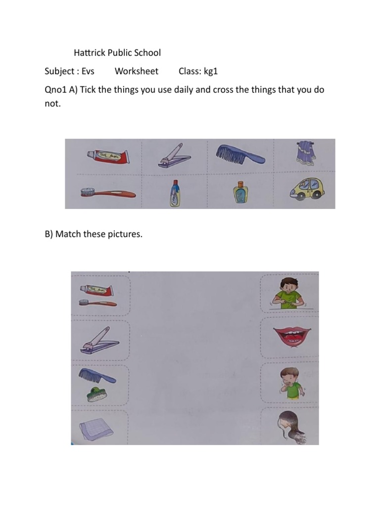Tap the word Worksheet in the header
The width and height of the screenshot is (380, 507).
(x=137, y=71)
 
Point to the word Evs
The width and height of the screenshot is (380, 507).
(x=88, y=71)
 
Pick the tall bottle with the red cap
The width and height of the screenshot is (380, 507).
(x=174, y=193)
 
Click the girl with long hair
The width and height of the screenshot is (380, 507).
(x=290, y=426)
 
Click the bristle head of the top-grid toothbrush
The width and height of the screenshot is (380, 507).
(x=89, y=191)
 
